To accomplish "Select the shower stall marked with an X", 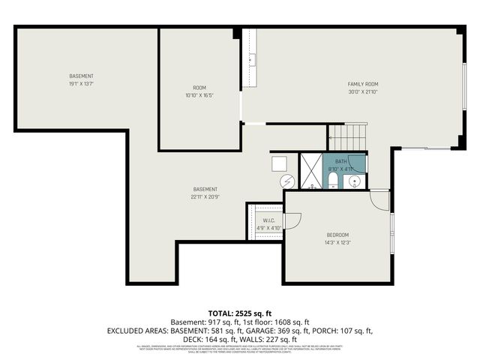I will click(x=309, y=171).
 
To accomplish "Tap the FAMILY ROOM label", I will click(x=362, y=84).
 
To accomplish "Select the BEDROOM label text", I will click(x=337, y=235).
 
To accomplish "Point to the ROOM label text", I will click(x=199, y=88).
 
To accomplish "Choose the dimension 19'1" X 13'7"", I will click(x=81, y=84).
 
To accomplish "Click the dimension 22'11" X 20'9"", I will click(x=205, y=196).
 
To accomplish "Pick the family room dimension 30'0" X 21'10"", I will click(x=362, y=92).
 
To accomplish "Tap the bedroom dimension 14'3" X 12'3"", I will click(x=337, y=243).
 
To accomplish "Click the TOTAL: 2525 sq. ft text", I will click(x=240, y=313).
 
